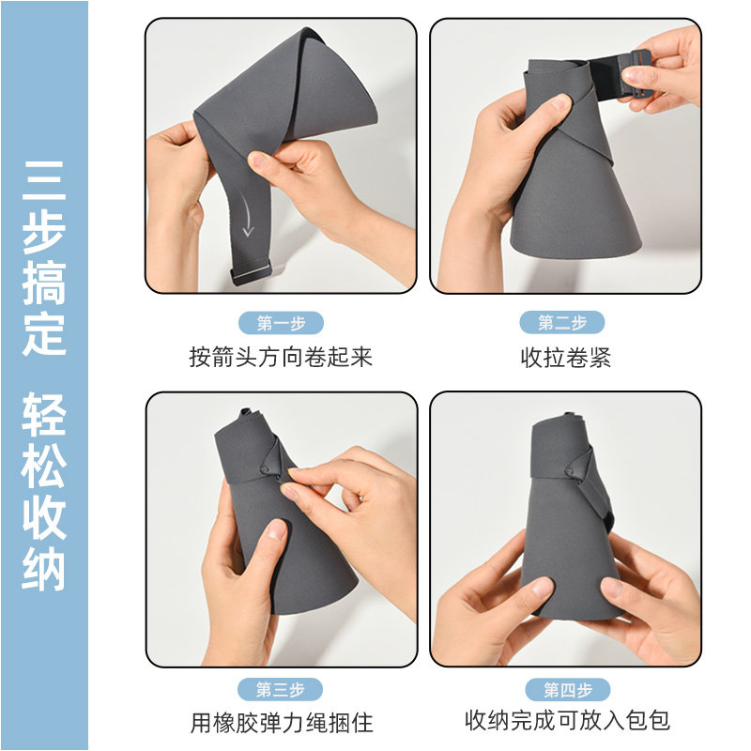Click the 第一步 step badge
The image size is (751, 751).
(x=281, y=323)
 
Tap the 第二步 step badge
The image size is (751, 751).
(x=562, y=322)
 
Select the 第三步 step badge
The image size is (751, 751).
(x=280, y=690)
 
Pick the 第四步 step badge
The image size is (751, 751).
(x=568, y=690)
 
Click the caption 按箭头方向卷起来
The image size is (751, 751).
(x=281, y=357)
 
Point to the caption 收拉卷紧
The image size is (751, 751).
(x=566, y=358)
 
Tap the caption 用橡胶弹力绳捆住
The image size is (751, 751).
(x=282, y=723)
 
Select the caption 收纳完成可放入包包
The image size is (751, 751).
(x=567, y=720)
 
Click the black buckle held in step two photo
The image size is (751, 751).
(x=636, y=72)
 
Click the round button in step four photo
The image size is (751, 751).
(x=569, y=472)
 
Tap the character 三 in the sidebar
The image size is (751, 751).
(x=44, y=180)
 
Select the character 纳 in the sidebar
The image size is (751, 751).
(x=44, y=569)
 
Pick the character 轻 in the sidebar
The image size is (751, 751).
(x=44, y=415)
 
